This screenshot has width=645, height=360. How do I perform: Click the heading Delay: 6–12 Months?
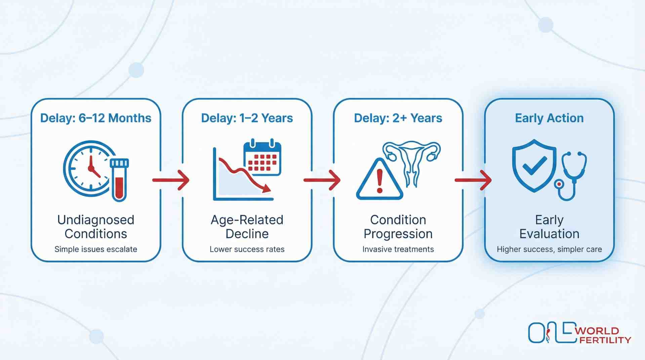pos(95,118)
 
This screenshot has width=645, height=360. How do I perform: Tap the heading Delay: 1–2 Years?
pos(247,118)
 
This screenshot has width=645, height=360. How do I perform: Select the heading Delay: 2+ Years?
pos(398,118)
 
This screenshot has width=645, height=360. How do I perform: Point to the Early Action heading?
pos(549,118)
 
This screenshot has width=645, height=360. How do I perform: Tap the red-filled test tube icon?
pos(119,180)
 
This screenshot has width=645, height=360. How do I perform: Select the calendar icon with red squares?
pos(262,158)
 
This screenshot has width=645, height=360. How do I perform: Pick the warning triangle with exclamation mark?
pos(379,181)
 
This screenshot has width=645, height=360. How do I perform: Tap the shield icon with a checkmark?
pos(534,166)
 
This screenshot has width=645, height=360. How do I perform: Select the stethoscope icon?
pos(571,175)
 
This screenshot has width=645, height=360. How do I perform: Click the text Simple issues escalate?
pos(95,249)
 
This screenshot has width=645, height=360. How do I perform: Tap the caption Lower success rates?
pos(247,249)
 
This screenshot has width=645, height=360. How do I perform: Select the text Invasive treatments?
pos(398,249)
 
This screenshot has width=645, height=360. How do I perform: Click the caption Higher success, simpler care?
pos(549,249)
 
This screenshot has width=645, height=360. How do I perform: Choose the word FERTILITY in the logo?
pos(605,340)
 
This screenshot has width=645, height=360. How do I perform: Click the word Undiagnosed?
pos(95,220)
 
